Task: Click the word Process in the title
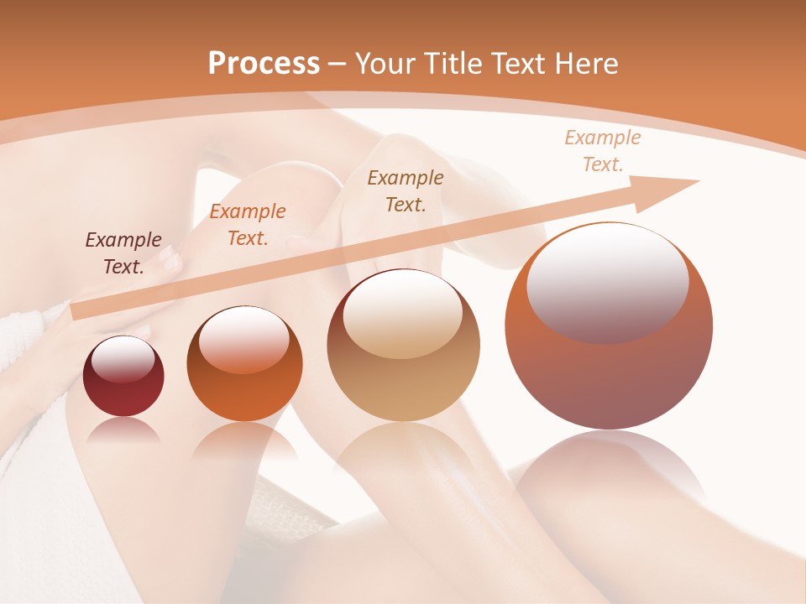(264, 64)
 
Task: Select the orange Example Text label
(248, 225)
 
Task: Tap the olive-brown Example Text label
(406, 190)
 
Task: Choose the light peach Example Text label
(603, 151)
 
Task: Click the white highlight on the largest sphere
(607, 281)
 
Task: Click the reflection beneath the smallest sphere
(123, 430)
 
